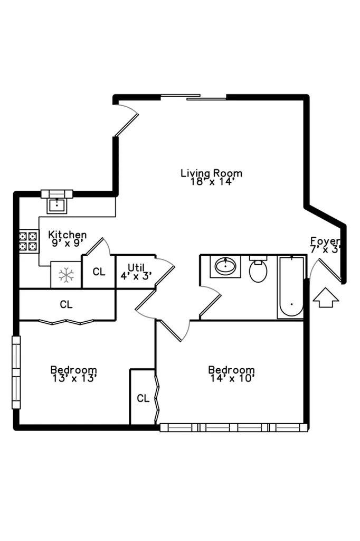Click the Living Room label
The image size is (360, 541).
coord(211,173)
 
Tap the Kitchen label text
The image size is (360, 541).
coord(67,235)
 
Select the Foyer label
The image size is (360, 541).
coord(325,241)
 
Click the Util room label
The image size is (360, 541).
coord(136,267)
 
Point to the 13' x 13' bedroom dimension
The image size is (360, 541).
coord(73,378)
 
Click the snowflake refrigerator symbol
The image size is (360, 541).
coord(66,275)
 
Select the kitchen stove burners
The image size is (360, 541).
coord(29,241)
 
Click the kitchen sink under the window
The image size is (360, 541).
coord(57,206)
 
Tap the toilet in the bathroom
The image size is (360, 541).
coord(258,269)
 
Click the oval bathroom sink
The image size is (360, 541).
coord(225,266)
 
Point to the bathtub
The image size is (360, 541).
coord(291,287)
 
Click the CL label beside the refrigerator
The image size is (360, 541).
coord(99,272)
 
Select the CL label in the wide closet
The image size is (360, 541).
coord(66,304)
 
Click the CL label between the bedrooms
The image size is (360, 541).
coord(143,398)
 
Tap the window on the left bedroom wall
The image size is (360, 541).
coord(16,372)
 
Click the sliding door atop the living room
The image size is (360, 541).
coord(193,97)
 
